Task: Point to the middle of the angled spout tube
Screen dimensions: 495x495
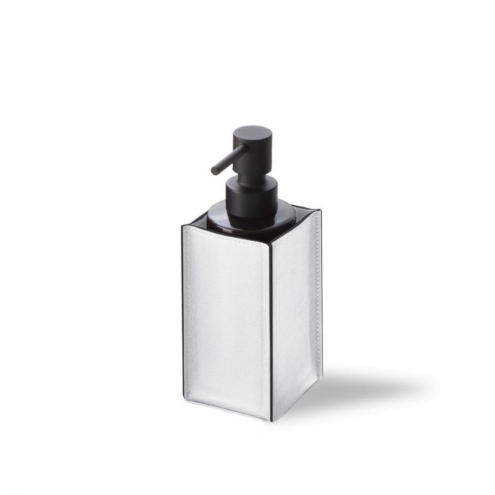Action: click(230, 157)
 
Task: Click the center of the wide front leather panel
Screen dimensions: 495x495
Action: click(226, 321)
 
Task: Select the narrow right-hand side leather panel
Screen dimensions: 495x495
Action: click(295, 311)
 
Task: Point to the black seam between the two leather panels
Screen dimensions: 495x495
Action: click(271, 326)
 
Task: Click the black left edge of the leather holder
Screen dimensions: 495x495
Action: click(182, 316)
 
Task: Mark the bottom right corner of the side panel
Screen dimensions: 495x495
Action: click(319, 390)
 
